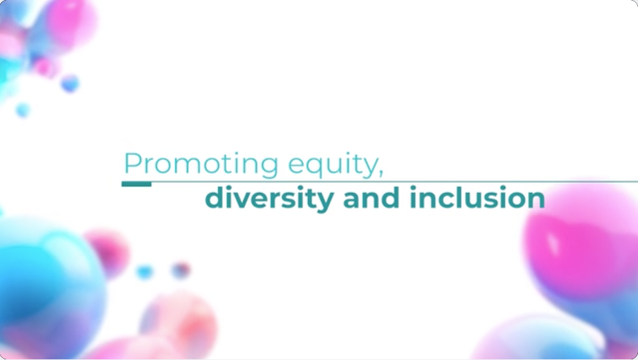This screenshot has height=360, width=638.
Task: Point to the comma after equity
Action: click(381, 173)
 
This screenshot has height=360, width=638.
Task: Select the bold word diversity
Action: click(269, 198)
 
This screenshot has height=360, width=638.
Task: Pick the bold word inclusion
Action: click(477, 197)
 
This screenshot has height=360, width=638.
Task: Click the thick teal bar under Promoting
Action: click(137, 184)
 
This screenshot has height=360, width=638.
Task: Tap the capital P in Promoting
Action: click(132, 163)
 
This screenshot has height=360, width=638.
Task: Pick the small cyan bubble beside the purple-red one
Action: click(144, 271)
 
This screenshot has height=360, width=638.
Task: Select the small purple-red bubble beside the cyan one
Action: click(181, 270)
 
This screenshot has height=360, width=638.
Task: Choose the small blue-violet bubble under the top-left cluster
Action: click(70, 83)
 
